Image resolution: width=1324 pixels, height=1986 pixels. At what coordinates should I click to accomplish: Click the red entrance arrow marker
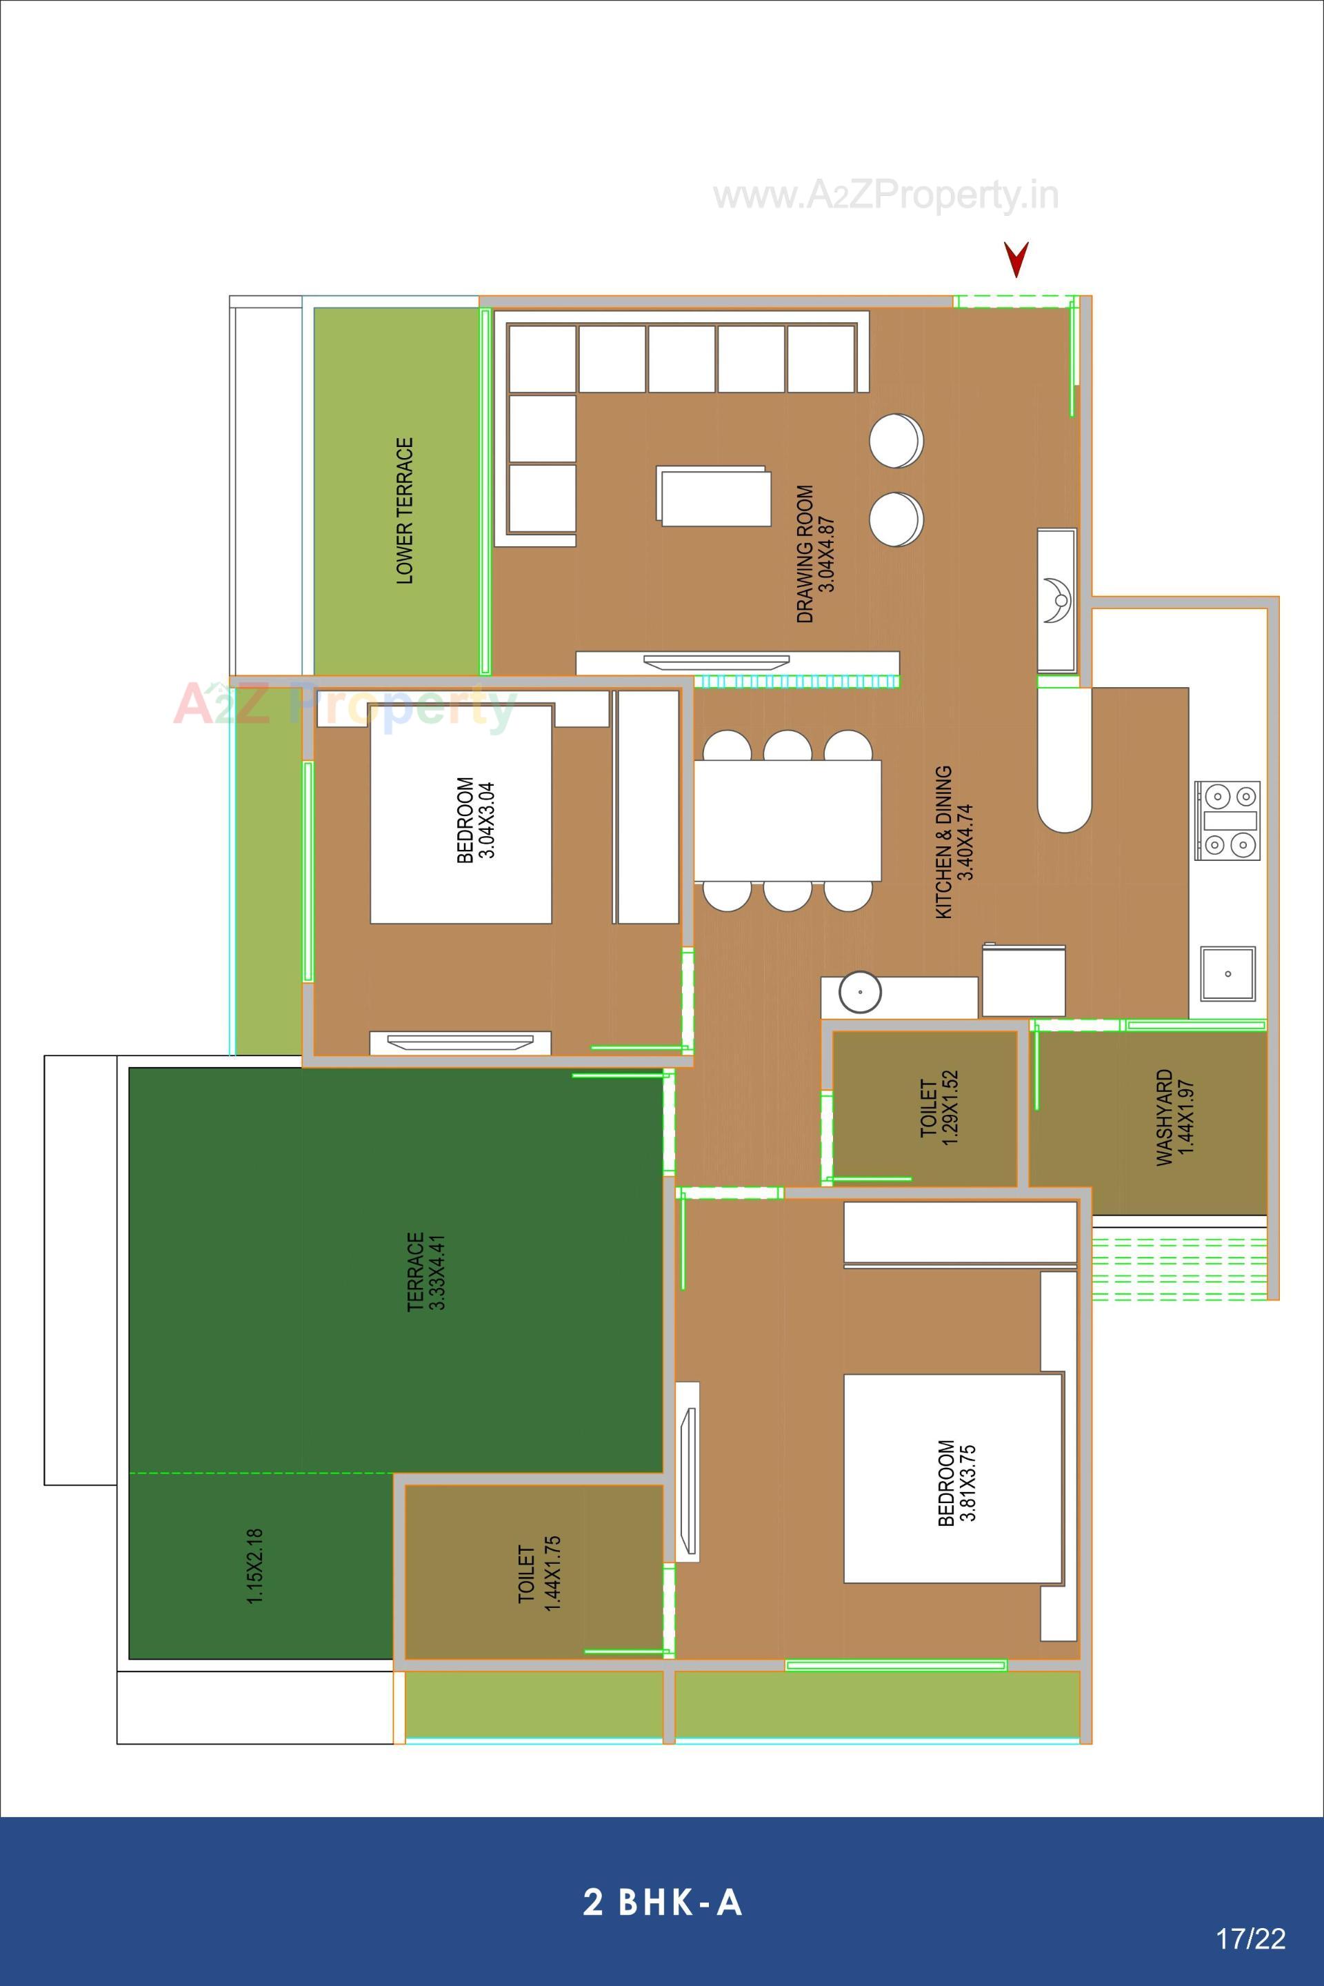tap(1016, 259)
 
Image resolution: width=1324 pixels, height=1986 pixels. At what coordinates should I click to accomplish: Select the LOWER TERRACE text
tap(405, 510)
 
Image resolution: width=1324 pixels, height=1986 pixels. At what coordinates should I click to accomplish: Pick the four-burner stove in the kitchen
tap(1227, 820)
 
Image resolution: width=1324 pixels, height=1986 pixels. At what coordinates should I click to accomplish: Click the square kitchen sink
tap(1227, 973)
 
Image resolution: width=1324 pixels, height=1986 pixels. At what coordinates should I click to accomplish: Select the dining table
tap(787, 820)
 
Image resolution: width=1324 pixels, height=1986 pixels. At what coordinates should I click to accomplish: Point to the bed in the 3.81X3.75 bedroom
tap(952, 1478)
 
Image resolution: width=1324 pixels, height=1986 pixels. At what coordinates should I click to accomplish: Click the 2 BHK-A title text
tap(662, 1903)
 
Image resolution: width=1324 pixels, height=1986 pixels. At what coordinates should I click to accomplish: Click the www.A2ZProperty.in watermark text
tap(885, 196)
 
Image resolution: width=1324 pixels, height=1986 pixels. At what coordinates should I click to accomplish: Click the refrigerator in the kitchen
tap(1023, 981)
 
